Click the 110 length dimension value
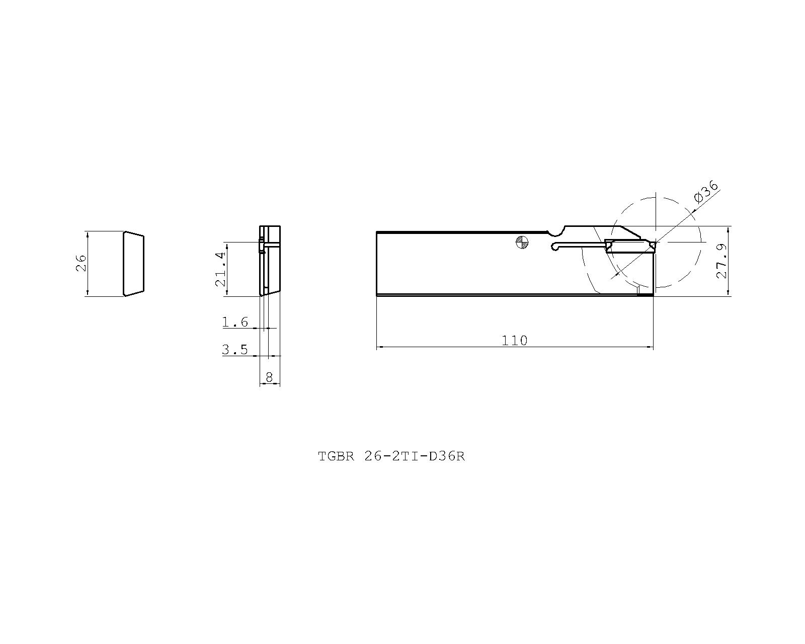pos(514,341)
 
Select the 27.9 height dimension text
pos(722,261)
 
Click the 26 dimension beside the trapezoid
pos(81,263)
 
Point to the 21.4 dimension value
pos(220,269)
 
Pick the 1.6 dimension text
pos(235,322)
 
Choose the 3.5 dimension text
pos(235,349)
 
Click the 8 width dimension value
pos(269,377)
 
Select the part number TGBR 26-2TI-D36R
pos(391,456)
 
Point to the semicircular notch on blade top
pos(555,233)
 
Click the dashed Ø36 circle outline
pos(700,242)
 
